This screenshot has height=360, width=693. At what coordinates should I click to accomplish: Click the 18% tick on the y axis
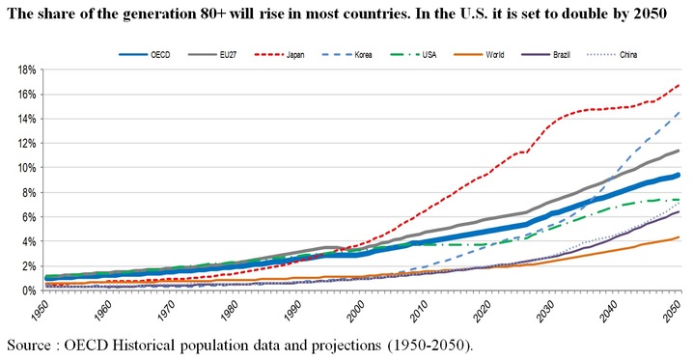(x=26, y=69)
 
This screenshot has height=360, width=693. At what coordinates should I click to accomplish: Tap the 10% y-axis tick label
(x=26, y=167)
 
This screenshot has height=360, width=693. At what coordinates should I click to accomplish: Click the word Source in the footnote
(x=31, y=345)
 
